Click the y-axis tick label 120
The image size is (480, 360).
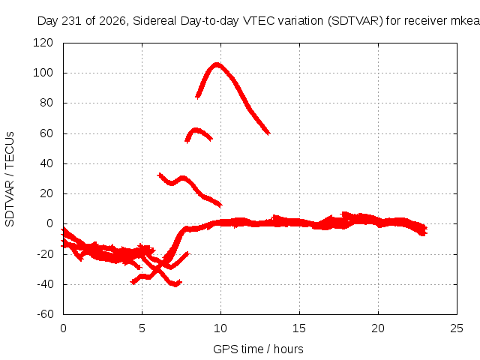click(43, 43)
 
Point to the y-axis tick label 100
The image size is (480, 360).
click(43, 73)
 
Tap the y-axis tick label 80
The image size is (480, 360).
click(46, 103)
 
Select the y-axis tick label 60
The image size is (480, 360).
click(46, 133)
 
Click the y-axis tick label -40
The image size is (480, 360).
click(45, 284)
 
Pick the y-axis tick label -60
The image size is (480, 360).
click(45, 314)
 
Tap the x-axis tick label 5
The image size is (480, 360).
click(142, 328)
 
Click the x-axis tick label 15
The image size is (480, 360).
click(299, 328)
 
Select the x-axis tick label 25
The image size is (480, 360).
click(457, 328)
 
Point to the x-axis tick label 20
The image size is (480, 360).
click(378, 328)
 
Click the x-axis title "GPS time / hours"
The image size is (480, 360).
click(258, 349)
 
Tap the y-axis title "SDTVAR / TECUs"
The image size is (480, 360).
click(10, 179)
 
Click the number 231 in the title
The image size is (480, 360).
click(72, 21)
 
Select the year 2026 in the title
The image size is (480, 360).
click(112, 21)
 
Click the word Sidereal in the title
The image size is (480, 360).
click(154, 21)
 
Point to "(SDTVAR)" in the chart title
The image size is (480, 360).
click(355, 21)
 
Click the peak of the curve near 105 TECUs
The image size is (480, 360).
click(217, 64)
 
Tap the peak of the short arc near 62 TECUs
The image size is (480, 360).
click(195, 130)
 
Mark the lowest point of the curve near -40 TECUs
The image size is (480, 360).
click(175, 285)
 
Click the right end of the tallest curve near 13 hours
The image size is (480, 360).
click(268, 133)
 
